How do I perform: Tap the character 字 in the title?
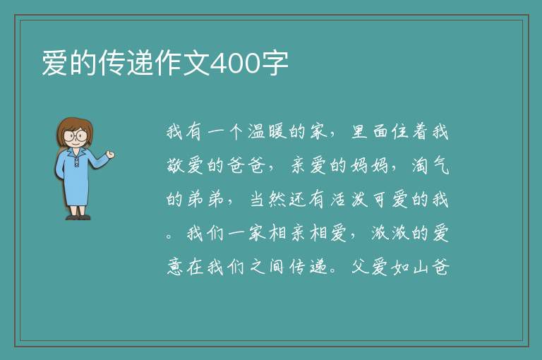(275, 63)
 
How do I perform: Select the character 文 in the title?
(196, 63)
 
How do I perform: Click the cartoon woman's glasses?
(76, 135)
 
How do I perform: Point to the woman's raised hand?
(110, 155)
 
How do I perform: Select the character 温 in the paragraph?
(256, 132)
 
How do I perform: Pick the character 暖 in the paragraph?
(277, 132)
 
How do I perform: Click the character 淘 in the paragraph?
(420, 165)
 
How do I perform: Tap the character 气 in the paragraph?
(440, 165)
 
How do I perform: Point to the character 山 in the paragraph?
(421, 268)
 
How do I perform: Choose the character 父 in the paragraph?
(360, 267)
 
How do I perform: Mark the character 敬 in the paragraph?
(175, 165)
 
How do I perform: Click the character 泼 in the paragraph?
(359, 199)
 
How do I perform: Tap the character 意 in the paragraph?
(175, 268)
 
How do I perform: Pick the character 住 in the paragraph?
(400, 132)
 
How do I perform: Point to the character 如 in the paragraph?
(400, 268)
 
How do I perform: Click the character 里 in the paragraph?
(359, 132)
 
